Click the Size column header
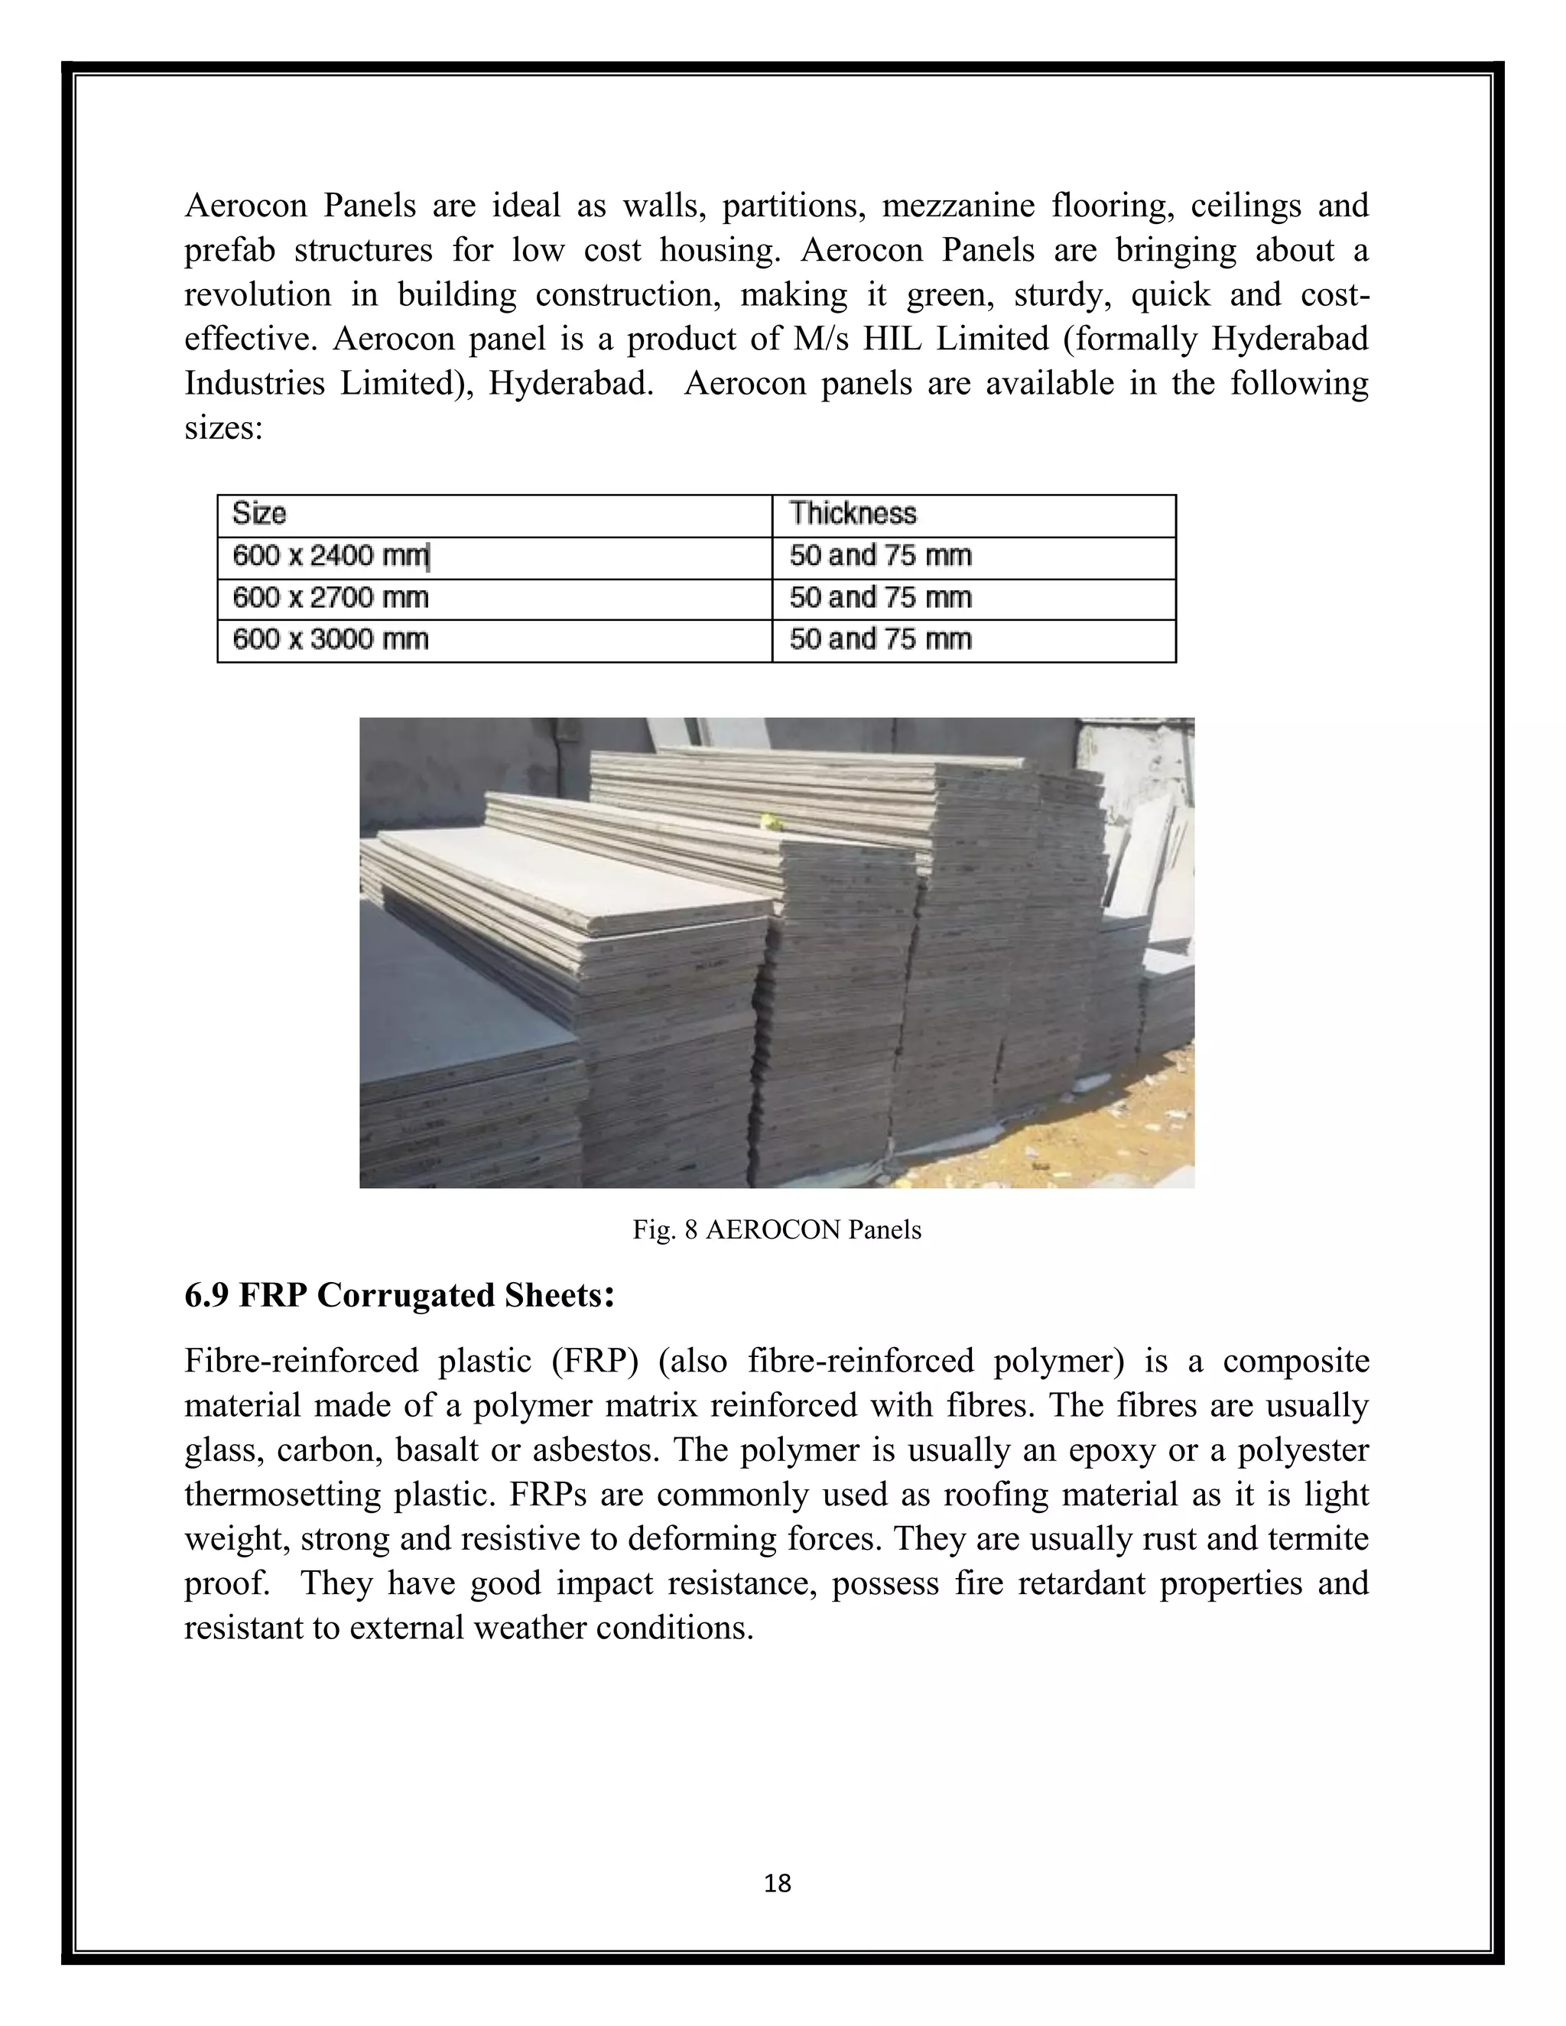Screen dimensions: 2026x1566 (259, 513)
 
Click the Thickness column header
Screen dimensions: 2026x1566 (852, 513)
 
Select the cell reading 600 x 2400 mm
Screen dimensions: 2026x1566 (330, 556)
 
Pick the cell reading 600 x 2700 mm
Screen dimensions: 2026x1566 (330, 597)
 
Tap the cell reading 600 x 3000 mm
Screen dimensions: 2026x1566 (330, 639)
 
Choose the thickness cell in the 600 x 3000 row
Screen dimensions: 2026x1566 (879, 639)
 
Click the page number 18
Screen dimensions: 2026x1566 (778, 1883)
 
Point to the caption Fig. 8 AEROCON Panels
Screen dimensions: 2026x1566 (777, 1230)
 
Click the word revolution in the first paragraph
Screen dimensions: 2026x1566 (257, 294)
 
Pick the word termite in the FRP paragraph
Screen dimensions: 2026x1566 (1319, 1539)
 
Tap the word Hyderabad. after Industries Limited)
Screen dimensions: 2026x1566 (570, 383)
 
